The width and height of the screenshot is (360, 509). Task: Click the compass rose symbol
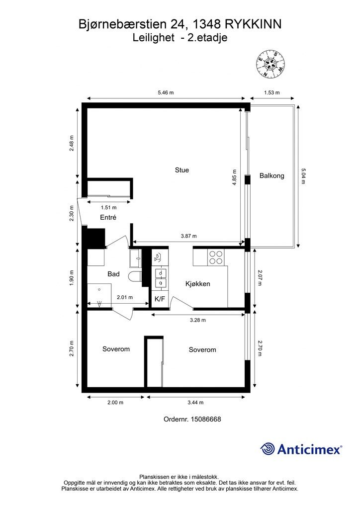270,65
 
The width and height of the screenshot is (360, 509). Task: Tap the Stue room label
182,170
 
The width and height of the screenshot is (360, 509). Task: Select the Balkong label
271,175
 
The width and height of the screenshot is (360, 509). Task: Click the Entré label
108,218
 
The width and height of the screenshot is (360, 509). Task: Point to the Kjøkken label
198,284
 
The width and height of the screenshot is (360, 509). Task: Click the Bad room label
113,274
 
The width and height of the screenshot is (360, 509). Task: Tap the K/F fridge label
160,299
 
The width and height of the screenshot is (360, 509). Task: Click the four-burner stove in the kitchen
216,257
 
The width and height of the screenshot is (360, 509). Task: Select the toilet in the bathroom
134,276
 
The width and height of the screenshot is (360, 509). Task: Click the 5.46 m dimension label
166,92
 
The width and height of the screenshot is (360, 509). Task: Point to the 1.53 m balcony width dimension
271,92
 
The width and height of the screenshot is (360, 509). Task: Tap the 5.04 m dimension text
303,176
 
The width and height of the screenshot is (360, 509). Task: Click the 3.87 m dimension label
188,236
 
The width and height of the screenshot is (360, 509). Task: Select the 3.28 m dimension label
198,320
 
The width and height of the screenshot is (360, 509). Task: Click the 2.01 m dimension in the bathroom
125,297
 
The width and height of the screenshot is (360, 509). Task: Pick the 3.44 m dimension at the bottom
195,403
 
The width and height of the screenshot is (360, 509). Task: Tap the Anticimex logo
301,449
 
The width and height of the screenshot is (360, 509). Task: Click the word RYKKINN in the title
252,24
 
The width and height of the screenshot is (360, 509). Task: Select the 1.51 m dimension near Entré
108,207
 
